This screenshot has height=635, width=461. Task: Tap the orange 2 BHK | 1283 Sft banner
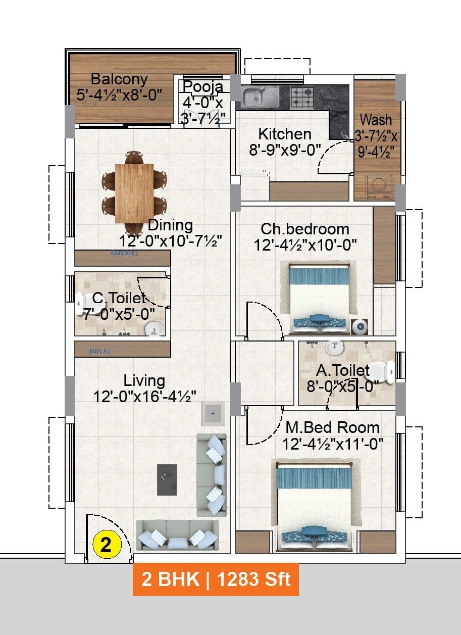pos(216,579)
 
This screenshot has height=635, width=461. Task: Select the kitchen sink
pos(260,96)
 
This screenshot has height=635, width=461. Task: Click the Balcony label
pos(119,79)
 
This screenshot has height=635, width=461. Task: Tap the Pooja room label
pos(203,86)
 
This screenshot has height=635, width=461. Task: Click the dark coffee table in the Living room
pos(167,479)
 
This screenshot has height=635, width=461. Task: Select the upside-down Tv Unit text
pos(99,351)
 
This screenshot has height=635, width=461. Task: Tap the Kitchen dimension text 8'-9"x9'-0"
pos(285,150)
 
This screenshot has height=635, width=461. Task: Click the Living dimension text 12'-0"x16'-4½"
pos(144,396)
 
